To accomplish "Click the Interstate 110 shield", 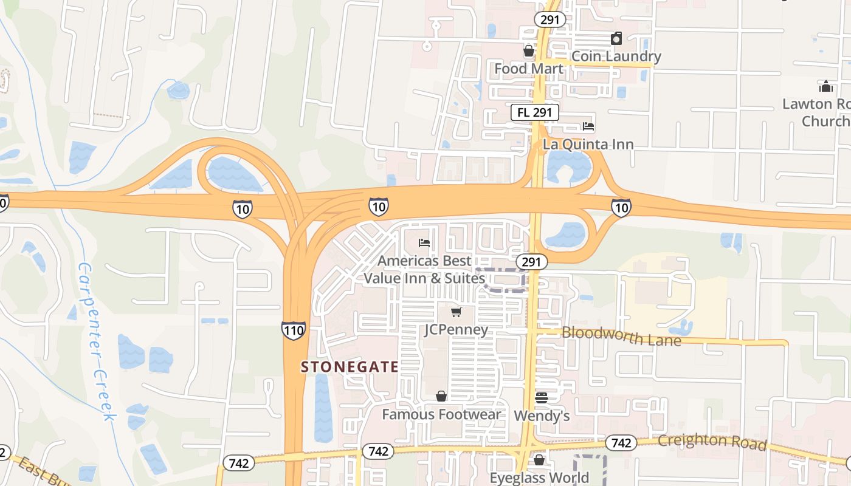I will [x=294, y=330].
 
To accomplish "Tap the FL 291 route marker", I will [x=534, y=112].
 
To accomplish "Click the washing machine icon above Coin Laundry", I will [x=616, y=39].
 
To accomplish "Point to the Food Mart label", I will [x=529, y=69].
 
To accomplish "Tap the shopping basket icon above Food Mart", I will [x=529, y=51].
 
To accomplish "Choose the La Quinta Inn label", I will [x=588, y=145].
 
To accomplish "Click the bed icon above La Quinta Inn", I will [x=588, y=127].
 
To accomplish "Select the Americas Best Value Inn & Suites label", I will [x=424, y=270].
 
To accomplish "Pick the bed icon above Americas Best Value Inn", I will [x=424, y=244].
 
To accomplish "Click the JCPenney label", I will [x=456, y=330].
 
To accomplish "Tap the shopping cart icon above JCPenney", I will [x=456, y=312].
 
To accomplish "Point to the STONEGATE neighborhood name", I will [x=350, y=367].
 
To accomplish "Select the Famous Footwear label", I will [x=441, y=414].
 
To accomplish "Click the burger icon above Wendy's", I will [x=542, y=398].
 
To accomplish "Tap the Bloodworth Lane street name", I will [x=621, y=336].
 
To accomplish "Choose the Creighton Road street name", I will [x=712, y=442].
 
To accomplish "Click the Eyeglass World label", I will [x=539, y=477].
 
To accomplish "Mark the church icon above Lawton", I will [x=825, y=86].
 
